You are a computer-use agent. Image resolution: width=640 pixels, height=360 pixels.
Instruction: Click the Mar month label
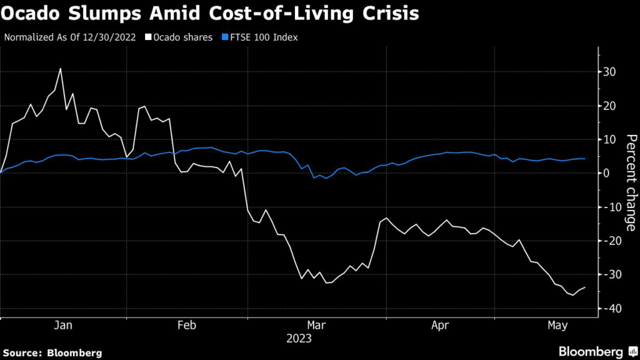tap(316, 326)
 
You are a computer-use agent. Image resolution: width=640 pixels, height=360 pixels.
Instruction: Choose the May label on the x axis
tap(557, 326)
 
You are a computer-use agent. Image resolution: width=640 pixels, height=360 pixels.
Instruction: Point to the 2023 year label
tap(298, 339)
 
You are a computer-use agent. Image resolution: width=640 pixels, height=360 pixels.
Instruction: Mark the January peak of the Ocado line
tap(61, 69)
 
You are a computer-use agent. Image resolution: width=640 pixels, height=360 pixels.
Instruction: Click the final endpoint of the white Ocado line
tap(585, 287)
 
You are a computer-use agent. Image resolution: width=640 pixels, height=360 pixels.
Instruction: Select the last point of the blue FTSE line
tap(585, 159)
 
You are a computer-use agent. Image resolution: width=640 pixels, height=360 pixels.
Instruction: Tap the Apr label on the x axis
tap(439, 326)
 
